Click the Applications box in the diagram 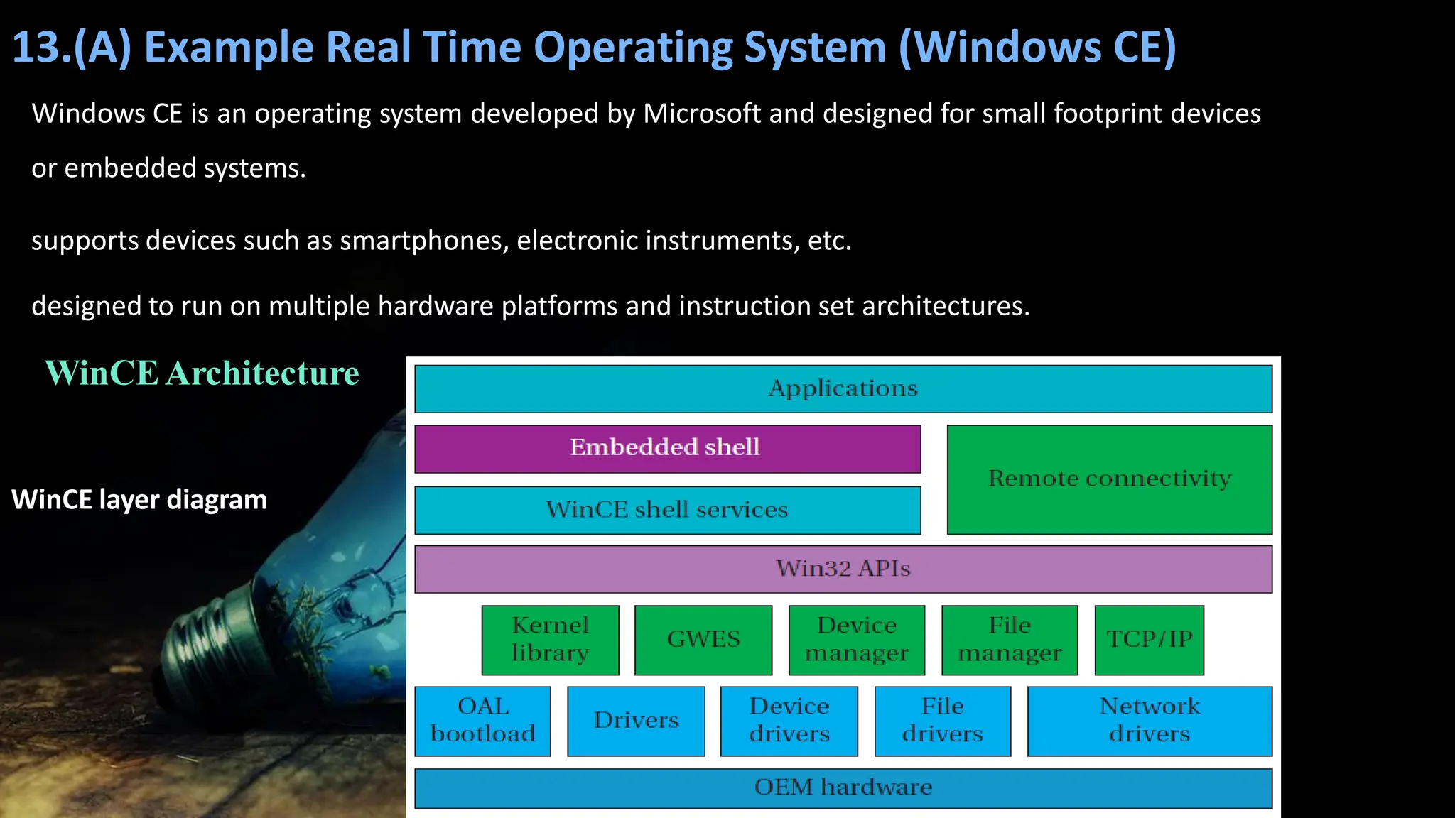(x=843, y=388)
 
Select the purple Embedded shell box (x=667, y=448)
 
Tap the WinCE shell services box (x=667, y=510)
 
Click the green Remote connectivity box (x=1109, y=479)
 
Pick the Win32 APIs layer (x=843, y=569)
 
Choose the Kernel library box (x=550, y=640)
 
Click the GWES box (x=703, y=640)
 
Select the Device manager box (x=857, y=640)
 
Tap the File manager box (x=1010, y=640)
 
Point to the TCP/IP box (x=1149, y=640)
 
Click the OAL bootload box (x=482, y=721)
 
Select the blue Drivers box (x=636, y=721)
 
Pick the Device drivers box (x=789, y=721)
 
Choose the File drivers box (x=942, y=721)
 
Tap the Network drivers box (x=1150, y=721)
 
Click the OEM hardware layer (x=843, y=788)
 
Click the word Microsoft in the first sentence (x=701, y=114)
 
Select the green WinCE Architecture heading (x=202, y=373)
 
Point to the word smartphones (x=424, y=241)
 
